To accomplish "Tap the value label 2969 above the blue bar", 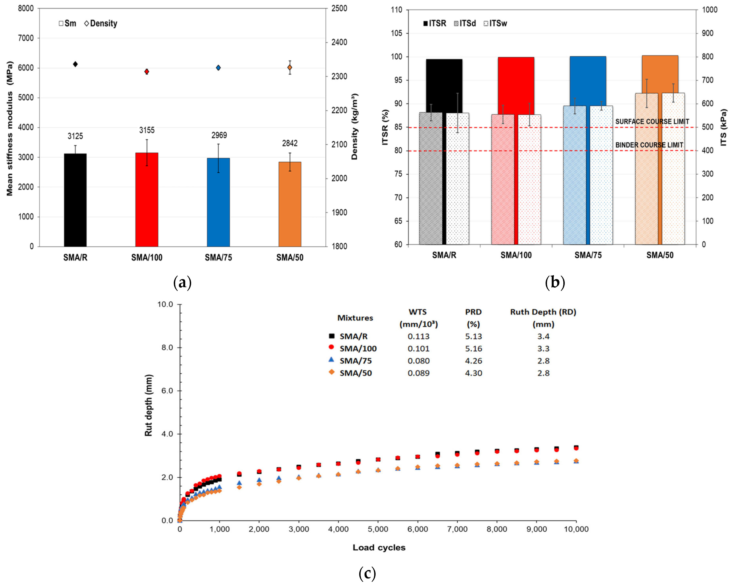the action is [x=219, y=135].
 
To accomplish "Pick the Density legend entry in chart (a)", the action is [x=101, y=23].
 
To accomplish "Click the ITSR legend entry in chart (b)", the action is [x=434, y=23].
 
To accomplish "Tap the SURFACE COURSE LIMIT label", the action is [x=652, y=122].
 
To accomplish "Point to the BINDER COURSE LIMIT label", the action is [x=649, y=145].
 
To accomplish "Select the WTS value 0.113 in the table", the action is [x=419, y=336].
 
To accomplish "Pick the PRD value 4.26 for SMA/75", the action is [x=474, y=361].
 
